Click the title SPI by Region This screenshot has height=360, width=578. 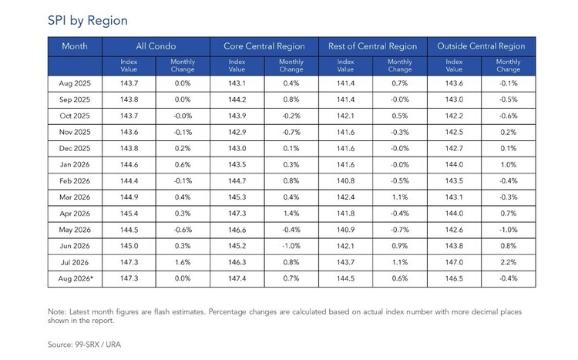click(88, 21)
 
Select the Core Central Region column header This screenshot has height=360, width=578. click(264, 46)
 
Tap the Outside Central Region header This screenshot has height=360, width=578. click(481, 46)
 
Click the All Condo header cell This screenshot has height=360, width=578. click(156, 46)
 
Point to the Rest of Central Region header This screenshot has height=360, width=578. click(373, 46)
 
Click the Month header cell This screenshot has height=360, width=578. click(75, 46)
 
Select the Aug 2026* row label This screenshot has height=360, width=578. click(76, 278)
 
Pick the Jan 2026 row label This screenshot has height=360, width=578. click(75, 164)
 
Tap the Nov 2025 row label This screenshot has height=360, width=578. click(75, 132)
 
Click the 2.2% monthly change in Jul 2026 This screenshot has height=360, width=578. click(509, 262)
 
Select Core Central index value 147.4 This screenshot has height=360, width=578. click(237, 278)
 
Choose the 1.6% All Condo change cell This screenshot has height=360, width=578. click(183, 262)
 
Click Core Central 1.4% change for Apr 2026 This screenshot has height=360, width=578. click(291, 214)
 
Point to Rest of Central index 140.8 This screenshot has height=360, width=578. click(345, 180)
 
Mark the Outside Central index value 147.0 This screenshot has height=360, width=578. click(454, 262)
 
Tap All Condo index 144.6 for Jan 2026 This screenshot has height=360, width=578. click(129, 164)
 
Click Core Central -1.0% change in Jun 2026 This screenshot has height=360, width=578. click(291, 246)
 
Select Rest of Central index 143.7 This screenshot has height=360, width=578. click(345, 262)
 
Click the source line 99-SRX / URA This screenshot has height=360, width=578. click(85, 345)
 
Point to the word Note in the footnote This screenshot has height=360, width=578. click(57, 311)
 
